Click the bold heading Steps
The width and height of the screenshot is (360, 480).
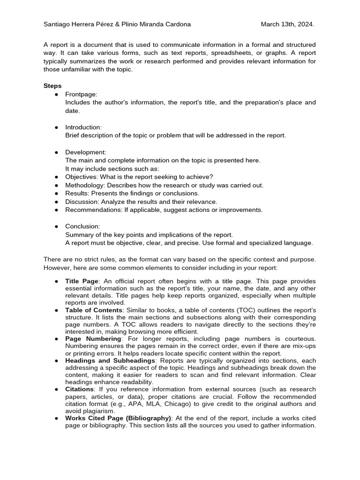52,86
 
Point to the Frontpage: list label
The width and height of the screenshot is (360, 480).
81,94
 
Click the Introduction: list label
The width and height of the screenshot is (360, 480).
83,127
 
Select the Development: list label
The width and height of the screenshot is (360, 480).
86,152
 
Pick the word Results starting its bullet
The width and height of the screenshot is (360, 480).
76,193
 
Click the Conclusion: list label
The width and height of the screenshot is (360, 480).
82,226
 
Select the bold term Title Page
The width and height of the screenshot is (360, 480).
82,281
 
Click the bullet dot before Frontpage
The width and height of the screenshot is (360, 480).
56,94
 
